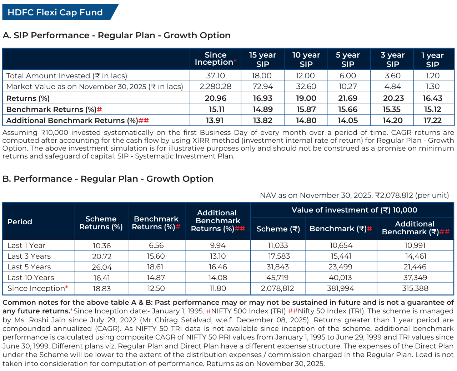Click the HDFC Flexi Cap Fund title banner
[55, 13]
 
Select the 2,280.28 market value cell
[215, 87]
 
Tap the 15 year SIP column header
[262, 59]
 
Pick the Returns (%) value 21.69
[348, 98]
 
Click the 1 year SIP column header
[432, 60]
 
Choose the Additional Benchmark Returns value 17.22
[432, 121]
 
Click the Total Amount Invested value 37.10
[215, 76]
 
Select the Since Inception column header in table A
[215, 59]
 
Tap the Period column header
[20, 222]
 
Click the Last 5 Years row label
[29, 267]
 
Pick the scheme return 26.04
[102, 267]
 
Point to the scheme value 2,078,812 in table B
[277, 288]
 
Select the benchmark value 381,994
[341, 288]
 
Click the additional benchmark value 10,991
[416, 245]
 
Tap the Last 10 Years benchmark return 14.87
[156, 278]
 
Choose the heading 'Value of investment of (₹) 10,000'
[354, 210]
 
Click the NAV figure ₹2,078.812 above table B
[393, 195]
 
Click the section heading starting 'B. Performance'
[108, 179]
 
